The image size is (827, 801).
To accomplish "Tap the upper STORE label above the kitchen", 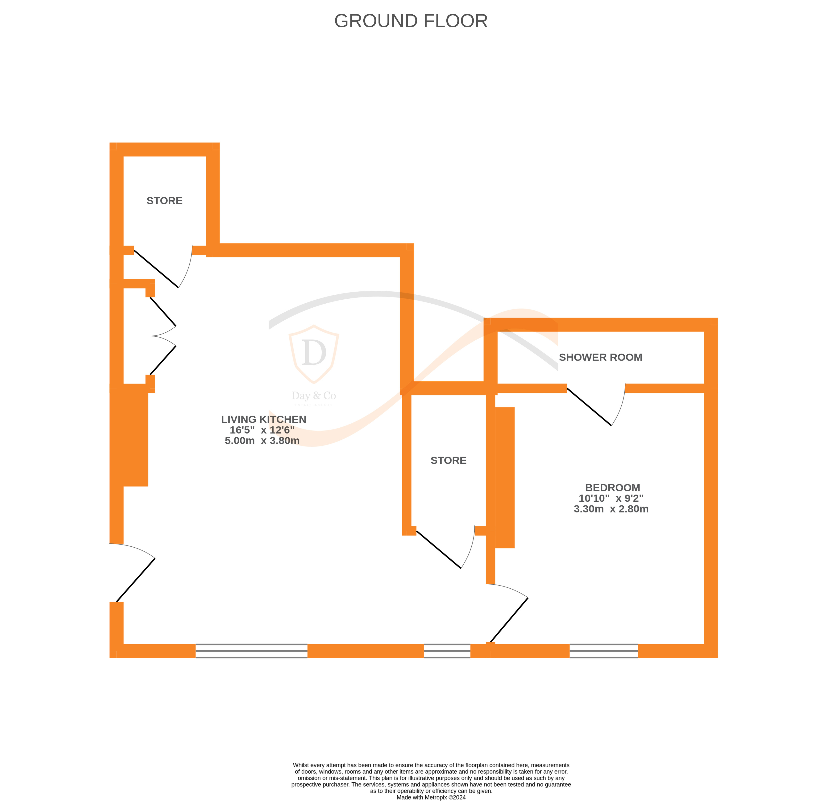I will pos(165,201).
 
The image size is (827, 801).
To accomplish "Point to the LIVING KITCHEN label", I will pos(263,419).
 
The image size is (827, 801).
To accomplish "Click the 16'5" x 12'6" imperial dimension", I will pos(262,430).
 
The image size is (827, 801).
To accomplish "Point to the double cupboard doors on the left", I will pos(163,336).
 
